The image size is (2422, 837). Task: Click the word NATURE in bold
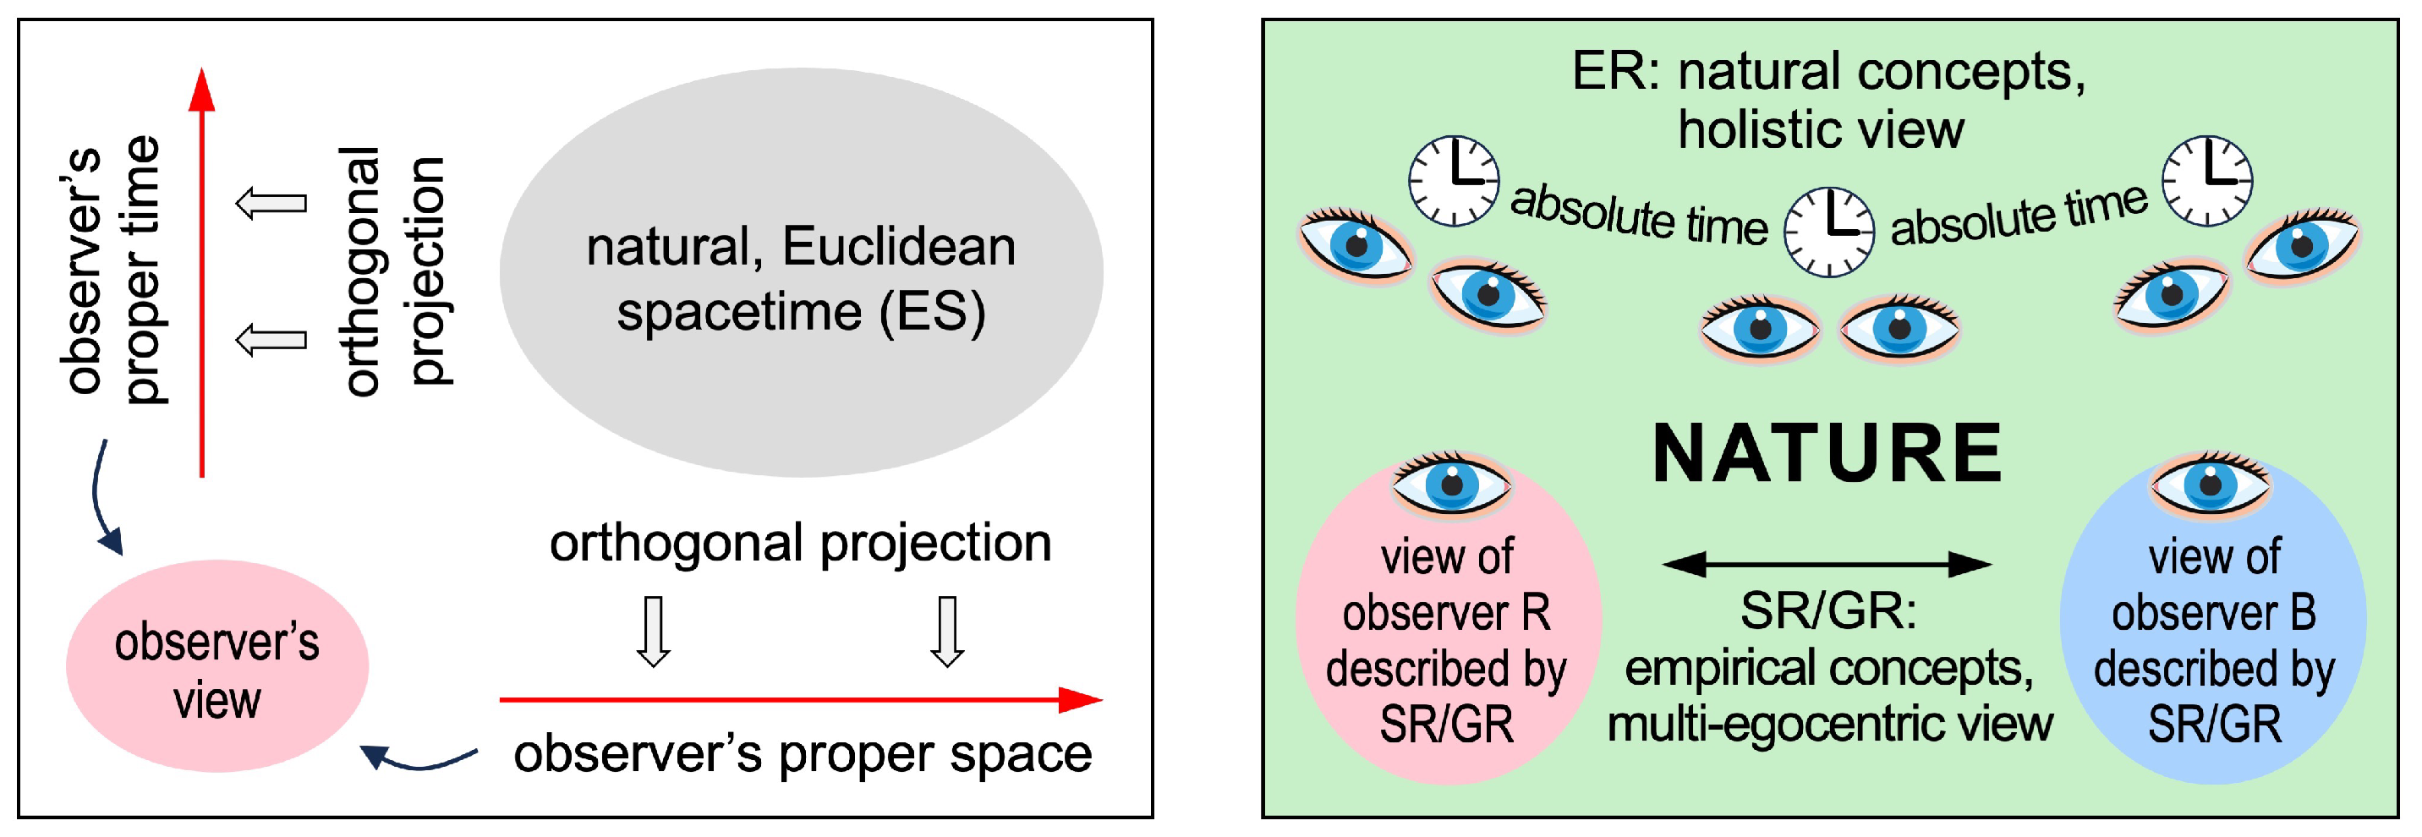[x=1827, y=455]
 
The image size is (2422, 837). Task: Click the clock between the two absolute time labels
[x=1828, y=232]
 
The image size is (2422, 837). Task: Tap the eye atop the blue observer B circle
[x=2210, y=485]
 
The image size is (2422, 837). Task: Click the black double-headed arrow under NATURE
[x=1827, y=564]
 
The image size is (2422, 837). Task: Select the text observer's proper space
[x=802, y=754]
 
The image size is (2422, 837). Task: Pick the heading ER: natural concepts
[x=1827, y=72]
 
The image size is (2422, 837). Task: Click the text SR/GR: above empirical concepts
[x=1827, y=611]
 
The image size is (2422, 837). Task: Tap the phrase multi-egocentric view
[x=1828, y=725]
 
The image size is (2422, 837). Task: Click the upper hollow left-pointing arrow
[x=271, y=202]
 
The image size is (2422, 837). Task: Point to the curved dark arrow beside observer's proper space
[x=419, y=760]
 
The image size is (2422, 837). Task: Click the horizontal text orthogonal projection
[x=800, y=544]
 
